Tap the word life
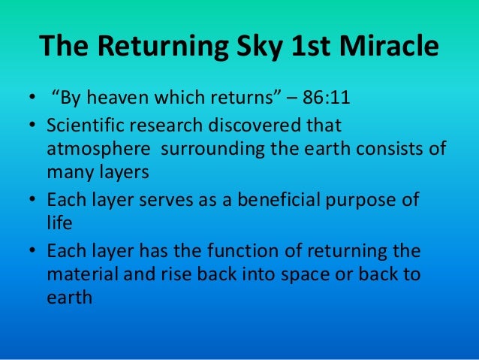[x=58, y=222]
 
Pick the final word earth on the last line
[x=69, y=296]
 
